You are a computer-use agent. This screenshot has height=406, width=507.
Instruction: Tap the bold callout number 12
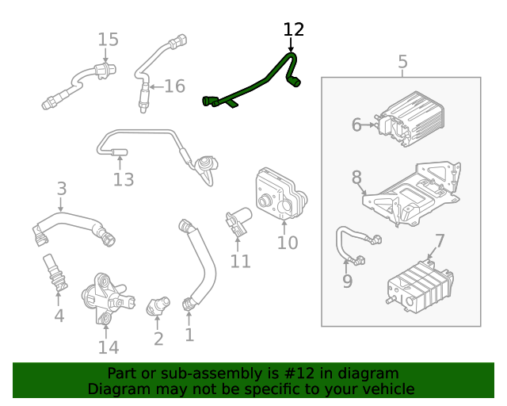coord(294,29)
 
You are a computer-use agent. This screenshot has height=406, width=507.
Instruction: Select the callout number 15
coord(108,40)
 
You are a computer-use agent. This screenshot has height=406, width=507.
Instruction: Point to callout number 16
coord(174,86)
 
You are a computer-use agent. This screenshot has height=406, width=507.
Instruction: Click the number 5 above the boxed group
coord(402,61)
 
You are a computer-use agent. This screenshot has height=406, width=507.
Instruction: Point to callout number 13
coord(124,180)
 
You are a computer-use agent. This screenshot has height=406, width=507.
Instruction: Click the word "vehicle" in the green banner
coord(387,389)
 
